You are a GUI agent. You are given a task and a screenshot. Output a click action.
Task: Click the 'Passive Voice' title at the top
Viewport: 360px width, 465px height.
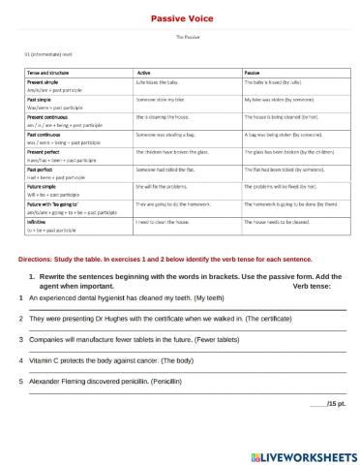point(180,18)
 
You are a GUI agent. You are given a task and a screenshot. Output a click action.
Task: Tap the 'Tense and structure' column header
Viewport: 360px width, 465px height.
point(48,74)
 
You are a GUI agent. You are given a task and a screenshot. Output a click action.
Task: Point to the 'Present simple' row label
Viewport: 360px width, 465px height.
point(45,84)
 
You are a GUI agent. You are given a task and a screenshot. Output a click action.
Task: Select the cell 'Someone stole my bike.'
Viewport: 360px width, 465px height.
point(162,100)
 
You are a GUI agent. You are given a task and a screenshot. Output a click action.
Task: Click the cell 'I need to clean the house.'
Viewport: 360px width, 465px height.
point(167,221)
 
